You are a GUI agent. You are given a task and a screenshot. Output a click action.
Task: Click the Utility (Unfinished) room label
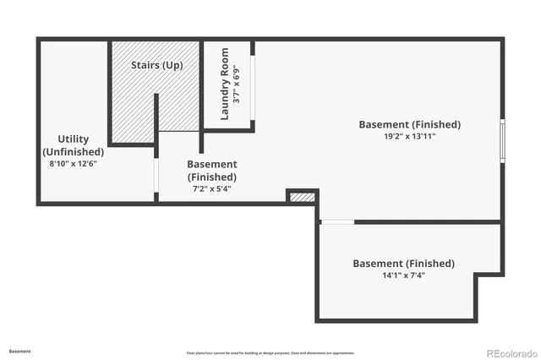click(x=73, y=145)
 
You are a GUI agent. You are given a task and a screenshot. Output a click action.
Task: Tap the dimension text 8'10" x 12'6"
click(x=73, y=163)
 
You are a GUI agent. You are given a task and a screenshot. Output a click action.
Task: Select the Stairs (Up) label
click(x=157, y=64)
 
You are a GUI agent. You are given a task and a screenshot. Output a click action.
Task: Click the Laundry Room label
click(x=226, y=84)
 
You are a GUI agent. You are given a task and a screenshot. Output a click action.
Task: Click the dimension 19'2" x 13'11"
click(x=409, y=136)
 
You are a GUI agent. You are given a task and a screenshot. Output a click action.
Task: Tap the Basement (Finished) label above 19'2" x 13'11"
click(x=409, y=124)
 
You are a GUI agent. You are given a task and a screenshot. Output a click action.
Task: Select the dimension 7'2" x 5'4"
click(x=211, y=188)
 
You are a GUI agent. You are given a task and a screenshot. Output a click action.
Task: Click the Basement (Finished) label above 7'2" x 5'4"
click(x=211, y=170)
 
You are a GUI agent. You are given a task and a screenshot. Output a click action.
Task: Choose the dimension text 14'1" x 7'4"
click(x=403, y=275)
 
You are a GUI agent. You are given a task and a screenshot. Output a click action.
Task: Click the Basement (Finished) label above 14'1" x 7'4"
click(x=403, y=263)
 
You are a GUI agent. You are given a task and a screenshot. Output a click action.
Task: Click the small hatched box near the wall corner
click(x=302, y=197)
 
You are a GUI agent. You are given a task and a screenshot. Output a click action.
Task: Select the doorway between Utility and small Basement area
click(x=156, y=175)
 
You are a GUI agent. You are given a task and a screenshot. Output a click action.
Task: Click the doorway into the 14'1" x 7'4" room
click(x=337, y=221)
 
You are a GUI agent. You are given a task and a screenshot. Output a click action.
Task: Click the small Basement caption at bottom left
click(x=20, y=351)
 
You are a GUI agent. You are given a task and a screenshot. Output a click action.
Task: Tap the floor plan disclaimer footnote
click(x=270, y=352)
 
